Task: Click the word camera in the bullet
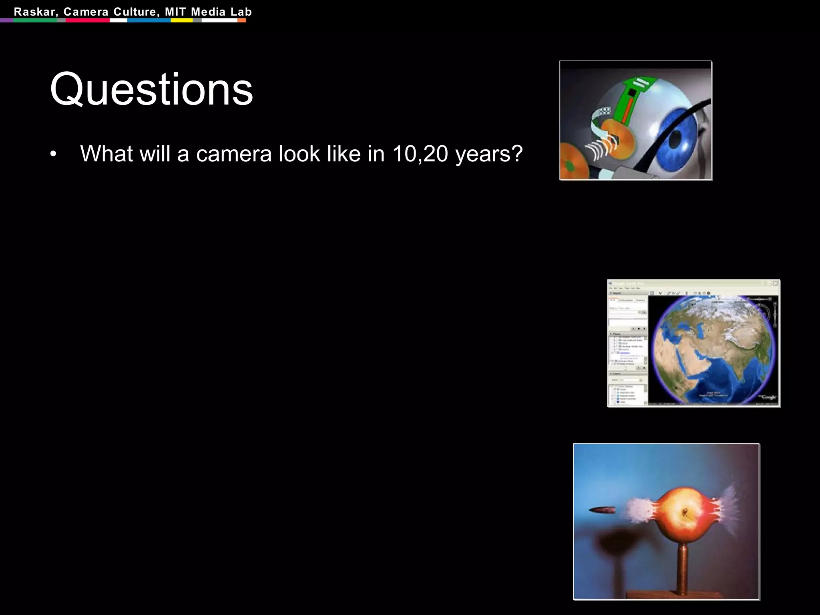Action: pyautogui.click(x=234, y=154)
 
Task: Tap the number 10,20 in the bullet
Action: pyautogui.click(x=420, y=154)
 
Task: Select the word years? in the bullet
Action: pyautogui.click(x=489, y=155)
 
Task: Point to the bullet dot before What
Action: pyautogui.click(x=53, y=155)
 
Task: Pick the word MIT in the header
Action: pyautogui.click(x=175, y=12)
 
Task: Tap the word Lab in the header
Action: pyautogui.click(x=241, y=12)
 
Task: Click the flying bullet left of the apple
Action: pyautogui.click(x=603, y=510)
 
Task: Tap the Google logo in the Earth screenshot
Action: pyautogui.click(x=768, y=397)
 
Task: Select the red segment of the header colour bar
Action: pyautogui.click(x=88, y=20)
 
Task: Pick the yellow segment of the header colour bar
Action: pyautogui.click(x=182, y=20)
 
